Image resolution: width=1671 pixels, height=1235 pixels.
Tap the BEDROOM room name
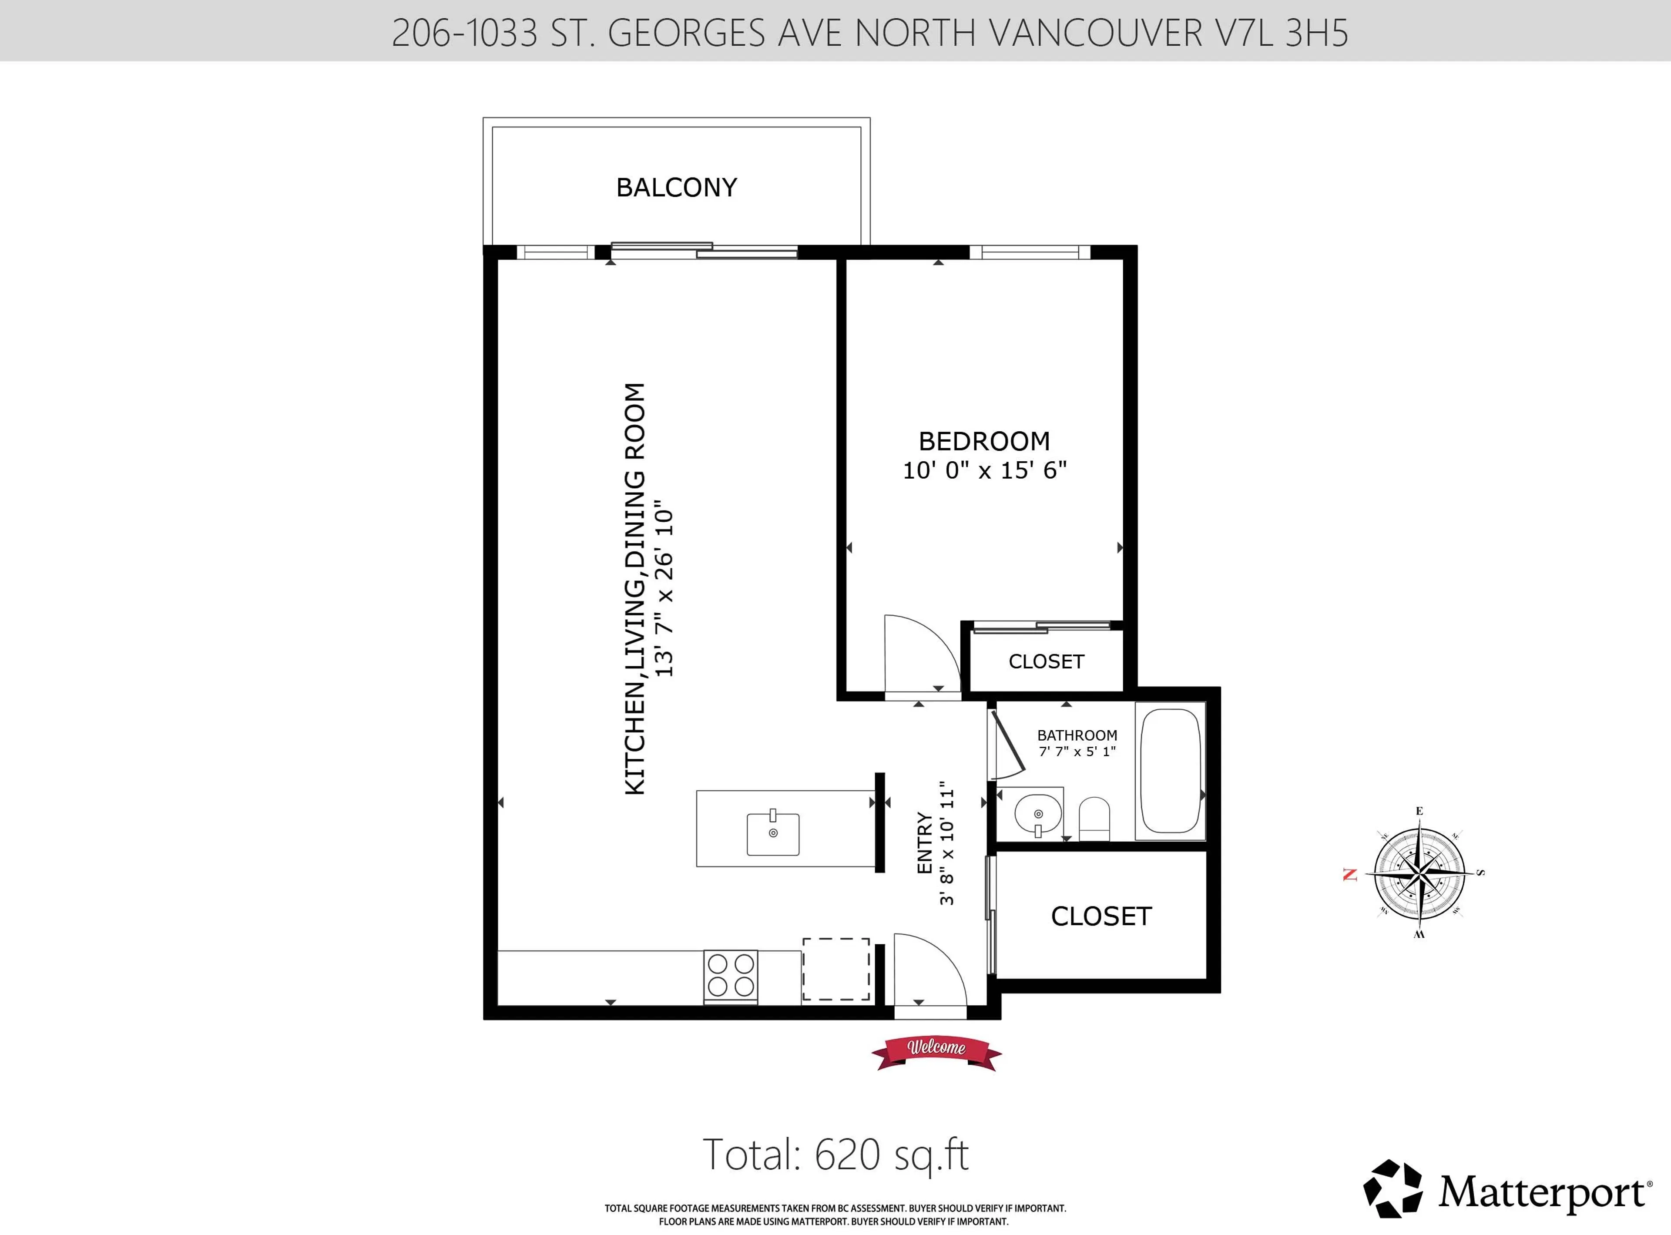pos(984,441)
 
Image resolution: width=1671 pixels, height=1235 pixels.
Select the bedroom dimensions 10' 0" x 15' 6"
pos(984,470)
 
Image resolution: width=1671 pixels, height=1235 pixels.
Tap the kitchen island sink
pos(773,833)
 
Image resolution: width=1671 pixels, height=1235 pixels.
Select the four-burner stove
pos(731,976)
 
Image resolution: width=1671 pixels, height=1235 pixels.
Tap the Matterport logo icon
pos(1392,1188)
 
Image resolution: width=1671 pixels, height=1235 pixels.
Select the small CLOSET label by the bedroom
pos(1046,661)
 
